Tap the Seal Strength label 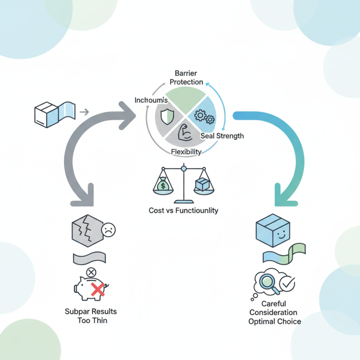tap(222, 136)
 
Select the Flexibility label tap(186, 152)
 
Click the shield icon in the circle tap(166, 116)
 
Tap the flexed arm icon tap(185, 134)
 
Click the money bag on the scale tap(162, 185)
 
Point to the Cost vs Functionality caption tap(183, 210)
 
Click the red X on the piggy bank tap(98, 288)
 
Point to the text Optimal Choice tap(274, 321)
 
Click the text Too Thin tap(92, 320)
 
